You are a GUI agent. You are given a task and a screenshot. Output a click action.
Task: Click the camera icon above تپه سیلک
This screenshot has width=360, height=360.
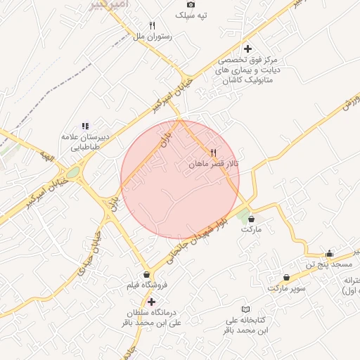[191, 4]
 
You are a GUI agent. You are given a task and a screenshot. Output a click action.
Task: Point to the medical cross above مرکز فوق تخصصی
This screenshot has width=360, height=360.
[247, 49]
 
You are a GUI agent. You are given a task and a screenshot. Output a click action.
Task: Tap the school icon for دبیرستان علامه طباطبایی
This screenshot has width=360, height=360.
[85, 126]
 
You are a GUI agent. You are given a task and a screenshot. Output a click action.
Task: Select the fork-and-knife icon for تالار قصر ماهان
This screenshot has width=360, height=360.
[213, 152]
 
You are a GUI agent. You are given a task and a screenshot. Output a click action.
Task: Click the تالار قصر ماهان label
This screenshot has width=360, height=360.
[214, 163]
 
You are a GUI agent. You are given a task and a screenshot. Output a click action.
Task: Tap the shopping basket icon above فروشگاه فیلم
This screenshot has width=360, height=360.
[146, 274]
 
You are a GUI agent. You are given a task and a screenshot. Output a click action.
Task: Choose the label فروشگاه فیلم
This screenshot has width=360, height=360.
[146, 285]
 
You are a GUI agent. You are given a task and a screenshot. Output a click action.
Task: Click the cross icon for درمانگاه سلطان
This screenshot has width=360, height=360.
[151, 302]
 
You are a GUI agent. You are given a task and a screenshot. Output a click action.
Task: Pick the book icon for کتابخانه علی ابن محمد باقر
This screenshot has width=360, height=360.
[245, 309]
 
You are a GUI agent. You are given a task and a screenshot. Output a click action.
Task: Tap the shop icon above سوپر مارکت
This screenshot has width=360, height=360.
[287, 277]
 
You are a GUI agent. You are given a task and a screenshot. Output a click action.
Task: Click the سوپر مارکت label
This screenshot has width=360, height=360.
[287, 288]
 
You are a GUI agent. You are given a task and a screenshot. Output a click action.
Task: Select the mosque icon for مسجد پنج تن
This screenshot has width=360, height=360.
[329, 254]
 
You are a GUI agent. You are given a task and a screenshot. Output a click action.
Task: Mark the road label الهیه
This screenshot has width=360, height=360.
[46, 155]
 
